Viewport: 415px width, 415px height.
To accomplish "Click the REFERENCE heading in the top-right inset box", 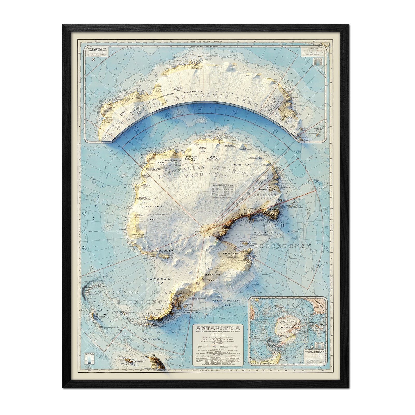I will point(312,48).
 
